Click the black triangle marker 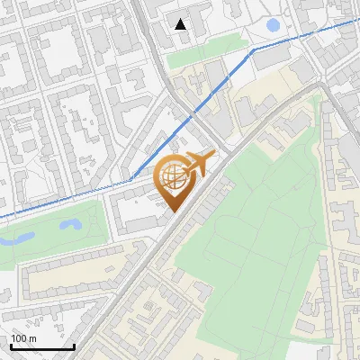181,24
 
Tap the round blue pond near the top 273,24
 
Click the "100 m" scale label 24,338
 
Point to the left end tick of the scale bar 11,346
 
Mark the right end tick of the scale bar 74,346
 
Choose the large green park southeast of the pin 252,225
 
